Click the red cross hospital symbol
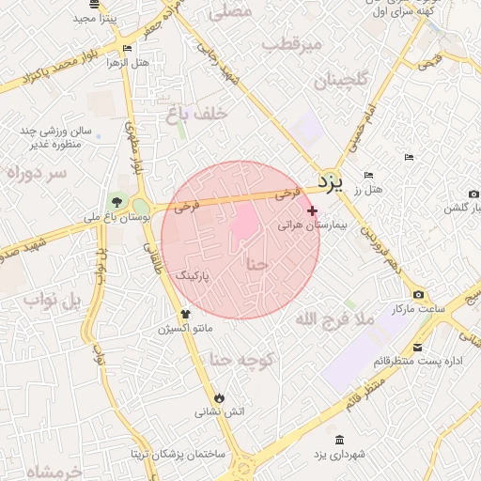(313, 211)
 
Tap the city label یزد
(328, 178)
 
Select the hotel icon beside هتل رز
(368, 176)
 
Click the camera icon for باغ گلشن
(473, 194)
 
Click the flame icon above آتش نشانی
(220, 397)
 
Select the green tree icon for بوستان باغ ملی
(116, 202)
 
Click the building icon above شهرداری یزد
(338, 440)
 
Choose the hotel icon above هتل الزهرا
(128, 48)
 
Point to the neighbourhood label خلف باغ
(197, 114)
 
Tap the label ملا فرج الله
(334, 319)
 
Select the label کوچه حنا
(240, 359)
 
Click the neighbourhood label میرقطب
(292, 44)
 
